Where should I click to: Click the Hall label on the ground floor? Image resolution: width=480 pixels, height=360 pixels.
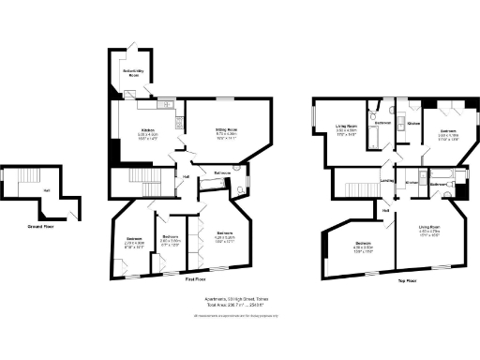point(46,190)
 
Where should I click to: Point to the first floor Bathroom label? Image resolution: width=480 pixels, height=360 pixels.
point(222,173)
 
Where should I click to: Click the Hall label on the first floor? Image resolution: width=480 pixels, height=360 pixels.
point(187,176)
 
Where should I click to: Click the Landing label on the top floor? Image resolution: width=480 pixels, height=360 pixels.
point(386,181)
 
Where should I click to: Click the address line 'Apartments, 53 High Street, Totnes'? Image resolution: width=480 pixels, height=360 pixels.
point(239,299)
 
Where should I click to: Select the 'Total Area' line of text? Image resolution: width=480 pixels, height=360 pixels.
point(235,306)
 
